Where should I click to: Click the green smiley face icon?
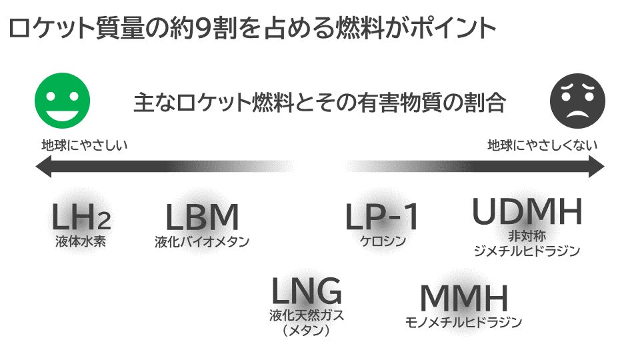click(x=62, y=101)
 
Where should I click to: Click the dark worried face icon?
click(x=577, y=101)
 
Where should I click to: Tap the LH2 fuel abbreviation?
click(x=81, y=216)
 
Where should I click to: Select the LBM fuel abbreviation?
click(x=201, y=217)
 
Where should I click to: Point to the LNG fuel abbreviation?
click(x=307, y=291)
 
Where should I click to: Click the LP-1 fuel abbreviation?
click(x=381, y=216)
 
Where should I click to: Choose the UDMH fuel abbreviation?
click(x=527, y=211)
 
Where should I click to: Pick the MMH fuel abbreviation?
click(x=464, y=299)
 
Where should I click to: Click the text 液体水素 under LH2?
click(x=81, y=241)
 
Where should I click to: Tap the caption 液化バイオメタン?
click(x=201, y=241)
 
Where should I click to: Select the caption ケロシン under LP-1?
click(x=383, y=241)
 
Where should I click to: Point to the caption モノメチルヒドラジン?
click(x=463, y=323)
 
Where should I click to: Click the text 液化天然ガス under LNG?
click(x=307, y=315)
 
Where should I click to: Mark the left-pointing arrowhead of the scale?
click(x=43, y=167)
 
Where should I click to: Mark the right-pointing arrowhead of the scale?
click(x=596, y=167)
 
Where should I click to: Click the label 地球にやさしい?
click(x=85, y=145)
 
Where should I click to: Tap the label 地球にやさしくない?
click(x=543, y=145)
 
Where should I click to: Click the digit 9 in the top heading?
click(x=203, y=29)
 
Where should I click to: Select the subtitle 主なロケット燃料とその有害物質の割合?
click(x=319, y=102)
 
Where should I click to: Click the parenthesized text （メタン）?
click(x=306, y=330)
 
